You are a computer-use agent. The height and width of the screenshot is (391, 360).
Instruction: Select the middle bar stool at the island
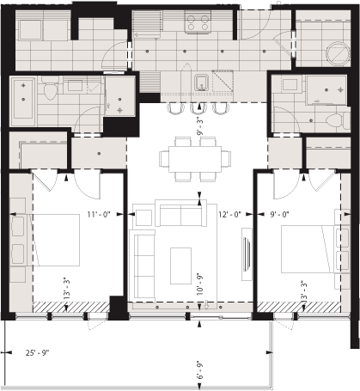(198, 109)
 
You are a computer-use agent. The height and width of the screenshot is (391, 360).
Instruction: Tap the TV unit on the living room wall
(247, 258)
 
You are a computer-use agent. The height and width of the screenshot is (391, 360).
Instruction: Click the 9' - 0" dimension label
(279, 215)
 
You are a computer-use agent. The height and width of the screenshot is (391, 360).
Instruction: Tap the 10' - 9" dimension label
(199, 282)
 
